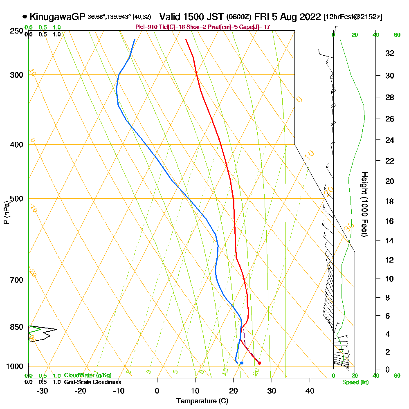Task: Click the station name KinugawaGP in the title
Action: coord(57,17)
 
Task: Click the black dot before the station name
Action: coord(25,17)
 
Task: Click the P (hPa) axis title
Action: coord(6,213)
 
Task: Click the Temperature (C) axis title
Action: coord(202,401)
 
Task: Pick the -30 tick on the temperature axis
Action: coord(43,391)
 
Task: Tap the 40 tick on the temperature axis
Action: coord(310,391)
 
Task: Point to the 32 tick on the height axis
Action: coord(389,53)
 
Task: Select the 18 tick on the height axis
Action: coord(389,201)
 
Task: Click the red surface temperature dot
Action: coord(259,363)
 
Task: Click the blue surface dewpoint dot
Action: coord(242,363)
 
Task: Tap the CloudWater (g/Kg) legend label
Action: coord(88,375)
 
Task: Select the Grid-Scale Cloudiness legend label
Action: coord(92,382)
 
